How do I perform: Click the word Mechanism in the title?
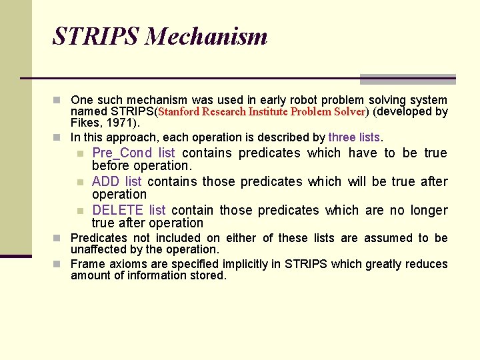206,36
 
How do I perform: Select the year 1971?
123,123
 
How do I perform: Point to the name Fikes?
85,123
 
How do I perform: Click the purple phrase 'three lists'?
354,137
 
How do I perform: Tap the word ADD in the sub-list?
106,181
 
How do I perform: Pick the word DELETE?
118,210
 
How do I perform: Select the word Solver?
349,112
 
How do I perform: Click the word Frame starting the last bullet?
87,264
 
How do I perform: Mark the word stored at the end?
209,275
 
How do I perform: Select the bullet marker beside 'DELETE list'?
80,211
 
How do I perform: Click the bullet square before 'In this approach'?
59,138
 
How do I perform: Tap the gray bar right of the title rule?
407,79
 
